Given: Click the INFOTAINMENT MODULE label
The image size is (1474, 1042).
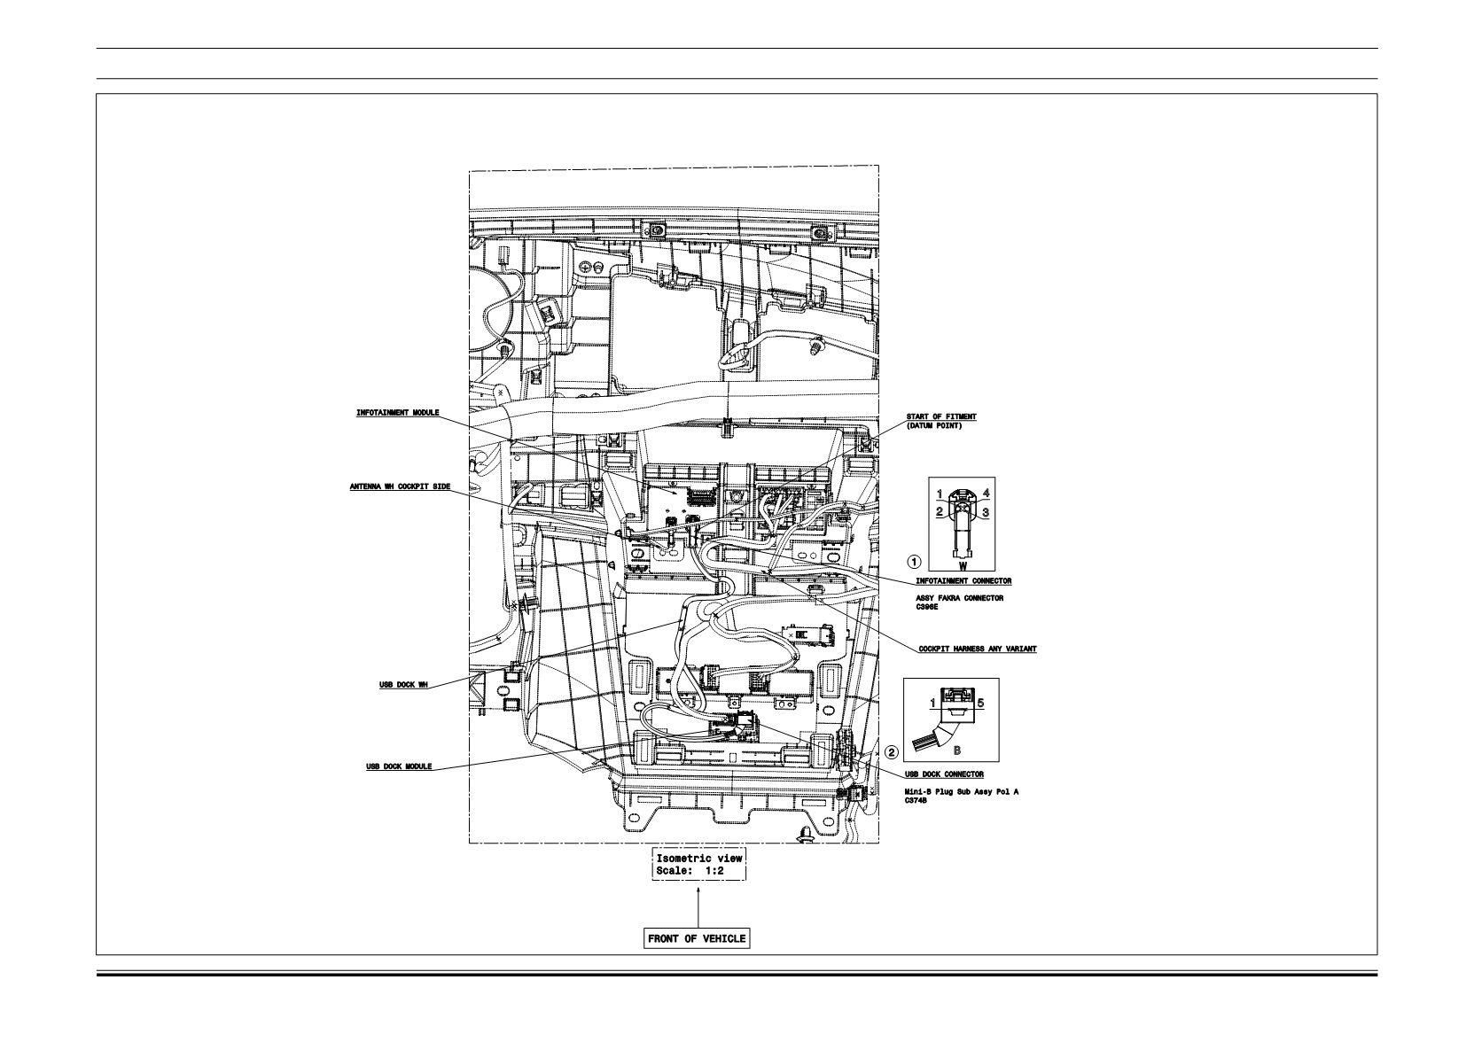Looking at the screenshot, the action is pos(397,413).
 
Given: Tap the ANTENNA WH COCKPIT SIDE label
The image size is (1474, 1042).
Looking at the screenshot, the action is pos(400,486).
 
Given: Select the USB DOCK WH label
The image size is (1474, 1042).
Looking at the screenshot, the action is pos(403,685).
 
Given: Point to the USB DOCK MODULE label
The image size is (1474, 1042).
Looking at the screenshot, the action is pos(399,766).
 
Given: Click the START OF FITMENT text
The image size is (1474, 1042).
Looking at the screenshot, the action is pos(941,416).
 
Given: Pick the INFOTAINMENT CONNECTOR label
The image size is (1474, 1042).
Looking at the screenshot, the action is pos(963,581).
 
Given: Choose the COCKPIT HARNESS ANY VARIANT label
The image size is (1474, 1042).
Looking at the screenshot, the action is pos(977,649).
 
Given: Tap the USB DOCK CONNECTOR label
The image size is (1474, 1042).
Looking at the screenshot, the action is pos(944,774).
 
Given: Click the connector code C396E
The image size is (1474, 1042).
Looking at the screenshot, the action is pos(927,607).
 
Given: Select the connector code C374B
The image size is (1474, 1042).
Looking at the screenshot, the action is pos(916,801).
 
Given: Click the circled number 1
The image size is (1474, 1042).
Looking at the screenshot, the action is pos(915,562).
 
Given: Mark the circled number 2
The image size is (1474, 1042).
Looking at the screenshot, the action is pos(891,752).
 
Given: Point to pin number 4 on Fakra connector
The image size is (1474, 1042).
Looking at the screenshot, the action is pos(986,494).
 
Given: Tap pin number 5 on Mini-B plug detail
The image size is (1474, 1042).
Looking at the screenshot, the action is pos(980,704).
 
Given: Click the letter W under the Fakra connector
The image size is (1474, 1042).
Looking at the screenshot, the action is pos(963,565).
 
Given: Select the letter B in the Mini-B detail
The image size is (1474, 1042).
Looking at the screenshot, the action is pos(956,750).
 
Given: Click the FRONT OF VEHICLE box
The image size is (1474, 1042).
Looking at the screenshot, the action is pos(697,938).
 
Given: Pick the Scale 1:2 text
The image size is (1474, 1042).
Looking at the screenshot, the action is pos(690,870).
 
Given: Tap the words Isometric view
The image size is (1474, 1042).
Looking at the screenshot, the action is pos(698,858).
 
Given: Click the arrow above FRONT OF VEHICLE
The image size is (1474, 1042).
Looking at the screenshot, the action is pos(698,907).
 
